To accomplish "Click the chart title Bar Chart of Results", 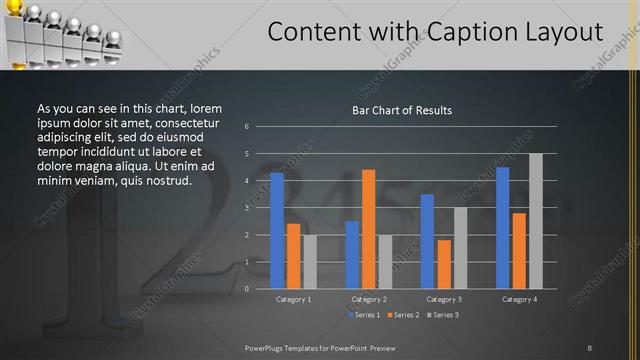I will (402, 110).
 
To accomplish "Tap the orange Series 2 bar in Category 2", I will (368, 228).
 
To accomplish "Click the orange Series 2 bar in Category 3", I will (443, 264).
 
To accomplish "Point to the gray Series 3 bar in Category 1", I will (309, 261).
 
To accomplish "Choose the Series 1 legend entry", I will (363, 315).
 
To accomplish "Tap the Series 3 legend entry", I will (444, 315).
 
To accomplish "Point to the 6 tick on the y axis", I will (246, 127).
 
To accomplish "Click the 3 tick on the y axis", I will (246, 208).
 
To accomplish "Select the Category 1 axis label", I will (293, 299).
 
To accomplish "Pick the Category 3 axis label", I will (443, 299).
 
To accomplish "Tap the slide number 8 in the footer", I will (589, 347).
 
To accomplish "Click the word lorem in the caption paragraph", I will (206, 108).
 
